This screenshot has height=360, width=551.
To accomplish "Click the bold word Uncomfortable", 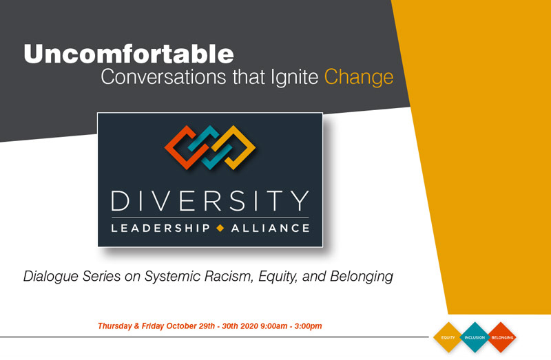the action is pos(129,54).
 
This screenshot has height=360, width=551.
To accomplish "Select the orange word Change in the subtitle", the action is pos(358,77).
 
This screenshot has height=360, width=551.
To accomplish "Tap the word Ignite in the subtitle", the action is pos(295,77).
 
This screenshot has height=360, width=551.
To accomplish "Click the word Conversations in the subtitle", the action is pos(163,76).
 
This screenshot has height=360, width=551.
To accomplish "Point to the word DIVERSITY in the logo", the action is pos(210,200).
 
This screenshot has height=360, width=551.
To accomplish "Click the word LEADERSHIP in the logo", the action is pos(160,229).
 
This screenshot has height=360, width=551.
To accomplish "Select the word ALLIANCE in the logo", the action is pos(270,229).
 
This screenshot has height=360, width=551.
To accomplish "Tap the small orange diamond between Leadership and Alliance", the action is pos(220,229).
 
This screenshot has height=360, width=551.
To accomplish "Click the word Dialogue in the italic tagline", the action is pos(51,277).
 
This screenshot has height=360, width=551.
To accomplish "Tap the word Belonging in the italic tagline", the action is pos(361,277).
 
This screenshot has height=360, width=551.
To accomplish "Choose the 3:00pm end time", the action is pos(308,326).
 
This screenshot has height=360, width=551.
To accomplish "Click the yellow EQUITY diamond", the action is pos(448,337).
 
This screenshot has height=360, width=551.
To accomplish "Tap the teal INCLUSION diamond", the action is pos(475,337).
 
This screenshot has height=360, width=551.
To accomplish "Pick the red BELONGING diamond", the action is pos(501,337).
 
